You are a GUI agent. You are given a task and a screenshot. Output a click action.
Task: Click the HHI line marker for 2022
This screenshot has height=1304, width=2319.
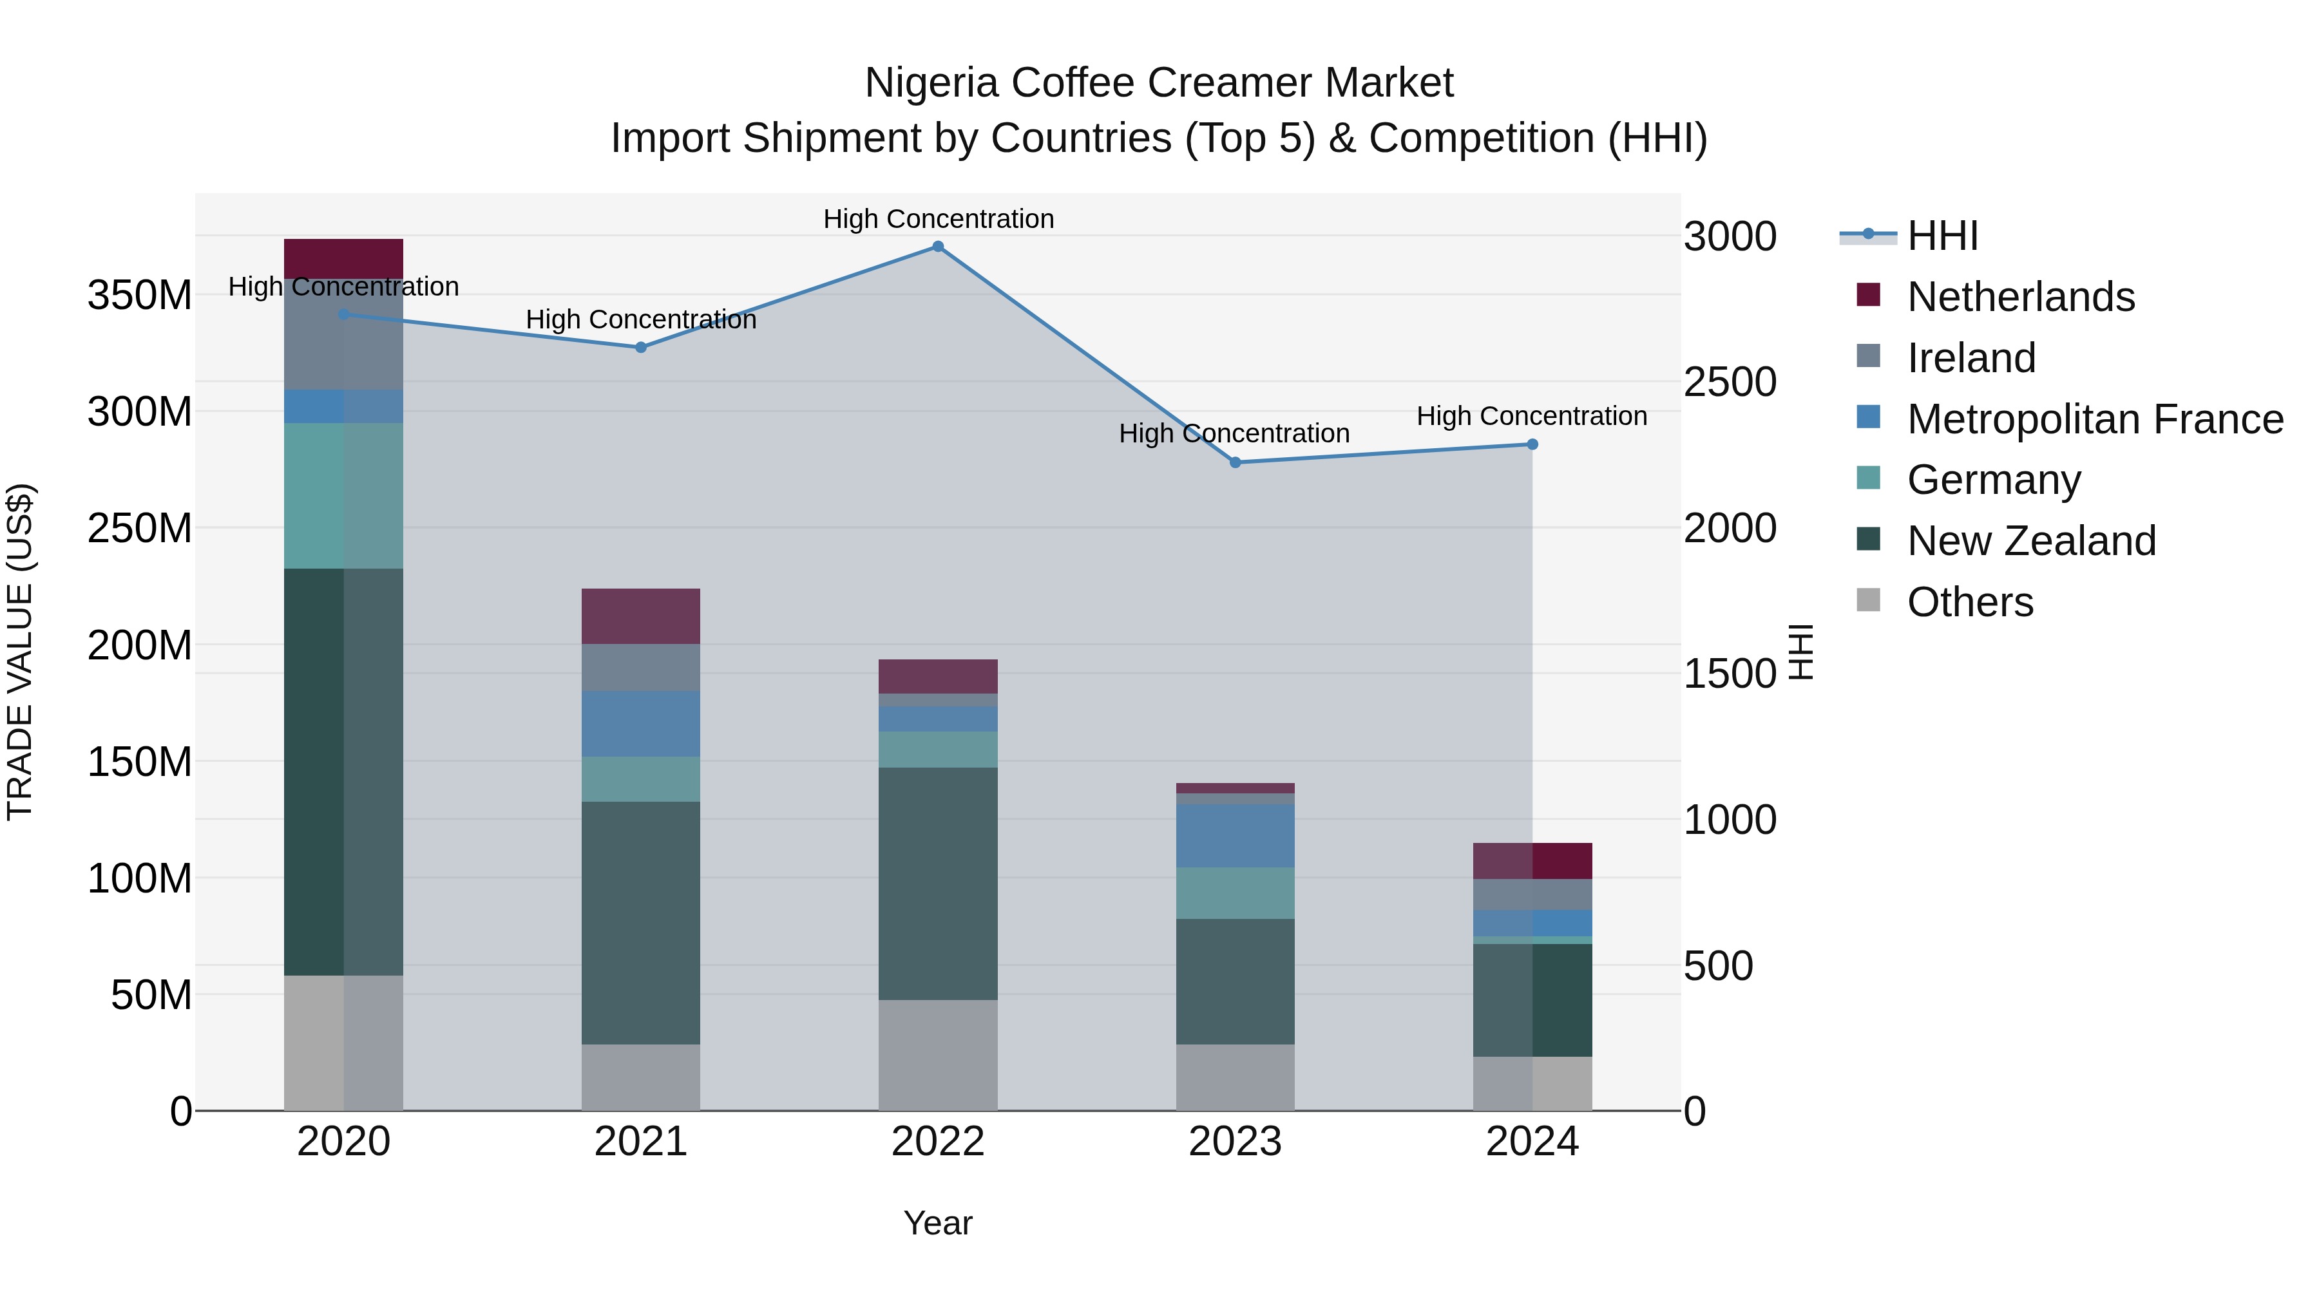coord(937,247)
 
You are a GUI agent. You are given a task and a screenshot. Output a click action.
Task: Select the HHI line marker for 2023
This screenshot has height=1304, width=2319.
coord(1235,462)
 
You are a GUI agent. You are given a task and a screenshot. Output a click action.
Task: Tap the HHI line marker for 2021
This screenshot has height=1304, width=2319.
coord(641,347)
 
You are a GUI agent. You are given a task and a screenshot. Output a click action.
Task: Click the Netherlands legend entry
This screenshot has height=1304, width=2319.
coord(2019,297)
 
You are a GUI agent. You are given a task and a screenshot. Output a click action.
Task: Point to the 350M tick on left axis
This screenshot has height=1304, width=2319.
coord(140,295)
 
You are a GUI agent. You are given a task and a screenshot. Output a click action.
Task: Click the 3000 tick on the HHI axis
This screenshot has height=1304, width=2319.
coord(1730,237)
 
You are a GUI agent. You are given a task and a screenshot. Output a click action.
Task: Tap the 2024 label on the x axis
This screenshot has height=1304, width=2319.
coord(1532,1142)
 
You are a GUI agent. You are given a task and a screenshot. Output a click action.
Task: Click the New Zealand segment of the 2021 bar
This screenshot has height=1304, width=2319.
coord(641,922)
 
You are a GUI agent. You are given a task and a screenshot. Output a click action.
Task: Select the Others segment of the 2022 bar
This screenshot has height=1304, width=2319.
coord(937,1055)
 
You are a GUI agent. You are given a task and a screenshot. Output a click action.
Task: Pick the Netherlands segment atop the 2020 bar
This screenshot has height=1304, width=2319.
coord(343,258)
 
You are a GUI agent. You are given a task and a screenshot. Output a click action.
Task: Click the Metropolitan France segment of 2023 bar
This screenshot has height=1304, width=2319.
coord(1235,836)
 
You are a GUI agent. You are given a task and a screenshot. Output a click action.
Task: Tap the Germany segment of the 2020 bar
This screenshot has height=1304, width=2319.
coord(343,495)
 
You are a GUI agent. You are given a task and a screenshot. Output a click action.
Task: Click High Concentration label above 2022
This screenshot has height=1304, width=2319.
coord(938,219)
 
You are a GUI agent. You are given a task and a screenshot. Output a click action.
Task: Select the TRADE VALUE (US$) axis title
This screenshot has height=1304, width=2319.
coord(20,652)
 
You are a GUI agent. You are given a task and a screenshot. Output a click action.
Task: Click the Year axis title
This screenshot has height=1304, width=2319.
coord(937,1223)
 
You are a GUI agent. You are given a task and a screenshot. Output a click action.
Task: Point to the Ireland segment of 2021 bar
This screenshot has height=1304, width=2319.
coord(641,667)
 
